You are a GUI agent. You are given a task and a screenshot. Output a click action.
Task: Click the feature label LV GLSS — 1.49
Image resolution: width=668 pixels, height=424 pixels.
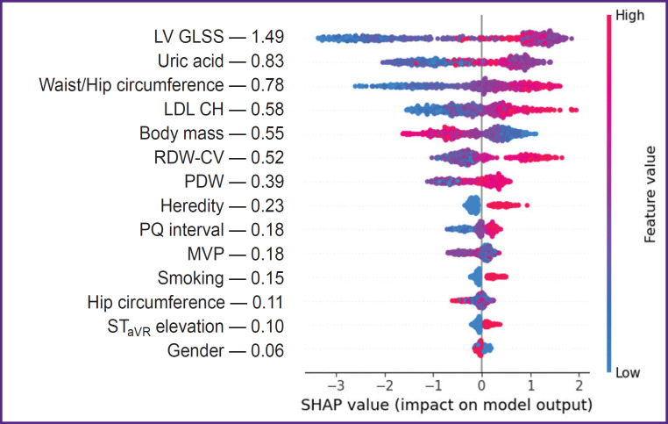[217, 38]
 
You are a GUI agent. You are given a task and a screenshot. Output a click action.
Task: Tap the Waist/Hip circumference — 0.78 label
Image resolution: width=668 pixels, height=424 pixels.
[163, 86]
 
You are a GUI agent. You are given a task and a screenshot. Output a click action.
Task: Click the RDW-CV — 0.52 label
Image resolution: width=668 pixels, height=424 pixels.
[217, 158]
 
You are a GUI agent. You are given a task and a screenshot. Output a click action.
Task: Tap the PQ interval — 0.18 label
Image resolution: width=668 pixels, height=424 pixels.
[212, 231]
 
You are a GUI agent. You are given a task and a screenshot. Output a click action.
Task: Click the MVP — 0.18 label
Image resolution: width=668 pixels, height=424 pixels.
[231, 255]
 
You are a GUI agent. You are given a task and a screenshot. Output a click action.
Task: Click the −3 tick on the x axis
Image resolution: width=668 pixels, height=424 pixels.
[333, 384]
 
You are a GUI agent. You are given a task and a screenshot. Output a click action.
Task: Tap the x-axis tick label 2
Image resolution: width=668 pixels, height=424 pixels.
[579, 384]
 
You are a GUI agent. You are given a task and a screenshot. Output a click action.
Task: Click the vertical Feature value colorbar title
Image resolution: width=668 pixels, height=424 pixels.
[650, 193]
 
